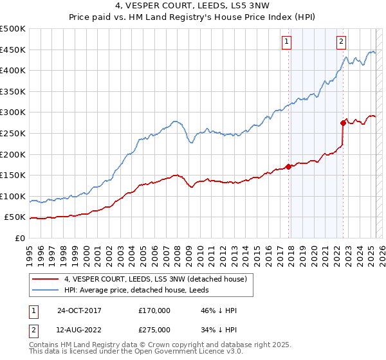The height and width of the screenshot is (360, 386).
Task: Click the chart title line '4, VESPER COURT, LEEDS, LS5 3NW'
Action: click(x=192, y=7)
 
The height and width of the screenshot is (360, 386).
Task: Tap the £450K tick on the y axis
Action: click(x=12, y=50)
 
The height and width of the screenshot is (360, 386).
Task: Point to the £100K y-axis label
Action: click(x=12, y=196)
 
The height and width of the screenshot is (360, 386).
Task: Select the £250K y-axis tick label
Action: click(x=12, y=133)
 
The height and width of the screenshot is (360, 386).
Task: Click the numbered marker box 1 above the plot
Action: click(x=286, y=42)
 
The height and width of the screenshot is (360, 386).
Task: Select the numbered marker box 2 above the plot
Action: click(x=341, y=42)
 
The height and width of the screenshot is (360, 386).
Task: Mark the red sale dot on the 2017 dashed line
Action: click(x=289, y=166)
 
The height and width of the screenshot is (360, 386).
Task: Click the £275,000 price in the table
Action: click(x=154, y=330)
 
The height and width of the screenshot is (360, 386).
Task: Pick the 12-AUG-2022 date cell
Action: click(x=78, y=330)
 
